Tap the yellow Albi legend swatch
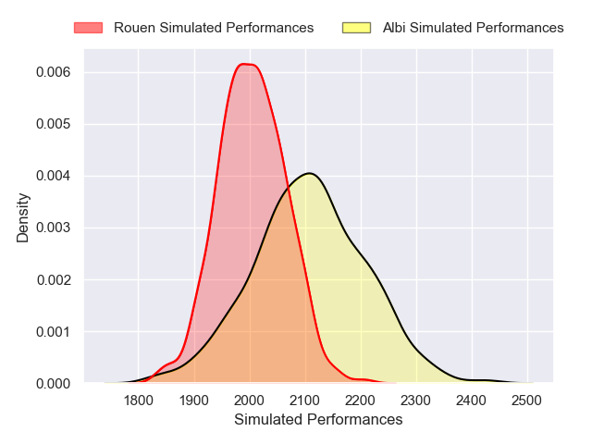pos(356,28)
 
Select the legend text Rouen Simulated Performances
pos(214,28)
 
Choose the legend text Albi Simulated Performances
pos(473,28)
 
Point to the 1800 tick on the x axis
pos(138,401)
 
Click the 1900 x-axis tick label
pos(193,401)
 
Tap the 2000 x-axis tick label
pos(250,401)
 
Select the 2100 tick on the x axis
pos(305,401)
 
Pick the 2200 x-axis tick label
pos(361,401)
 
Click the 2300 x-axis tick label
pos(416,401)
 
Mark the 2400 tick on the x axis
pos(472,401)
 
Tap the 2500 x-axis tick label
pos(527,401)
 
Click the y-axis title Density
pos(23,217)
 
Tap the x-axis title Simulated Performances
pos(318,419)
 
